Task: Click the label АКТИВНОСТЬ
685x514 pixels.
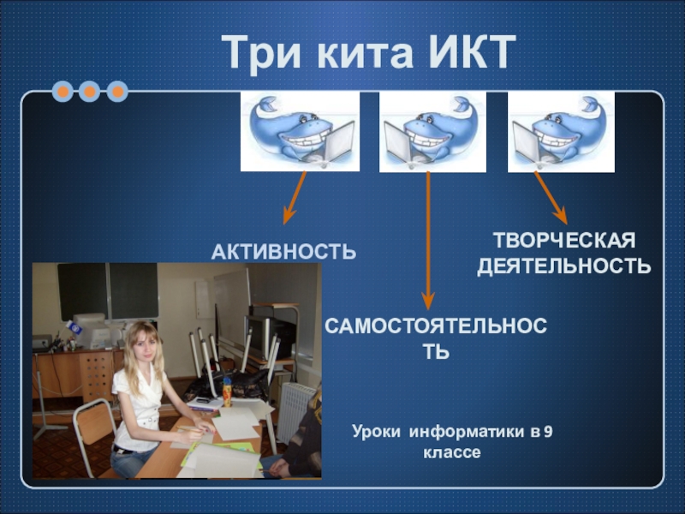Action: [284, 252]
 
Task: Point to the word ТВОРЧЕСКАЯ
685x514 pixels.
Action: [564, 241]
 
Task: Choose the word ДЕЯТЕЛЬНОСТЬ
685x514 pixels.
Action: [564, 266]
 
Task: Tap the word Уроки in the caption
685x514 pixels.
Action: [376, 432]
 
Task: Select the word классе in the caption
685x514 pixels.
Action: [452, 453]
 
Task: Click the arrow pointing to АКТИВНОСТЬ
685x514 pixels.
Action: [295, 198]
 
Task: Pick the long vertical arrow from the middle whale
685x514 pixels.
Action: [428, 241]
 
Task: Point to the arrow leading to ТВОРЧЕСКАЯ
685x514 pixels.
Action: [551, 198]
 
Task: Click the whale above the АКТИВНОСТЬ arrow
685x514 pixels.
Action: [301, 131]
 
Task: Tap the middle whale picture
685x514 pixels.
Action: [432, 132]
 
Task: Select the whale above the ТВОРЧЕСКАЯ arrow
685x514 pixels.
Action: [561, 132]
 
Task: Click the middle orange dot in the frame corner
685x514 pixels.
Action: [90, 92]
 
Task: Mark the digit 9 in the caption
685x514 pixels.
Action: [548, 432]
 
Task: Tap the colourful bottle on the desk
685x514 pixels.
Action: [227, 392]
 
